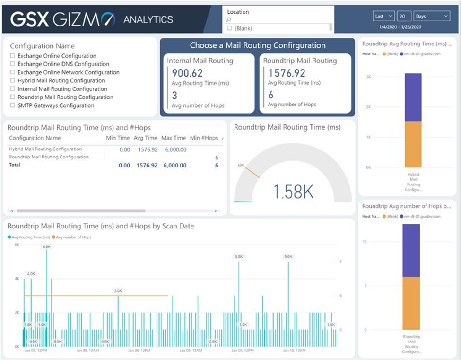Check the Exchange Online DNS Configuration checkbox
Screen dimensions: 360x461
(x=12, y=64)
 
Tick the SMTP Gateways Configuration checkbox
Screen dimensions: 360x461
(x=12, y=106)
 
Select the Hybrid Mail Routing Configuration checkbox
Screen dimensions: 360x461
(x=12, y=81)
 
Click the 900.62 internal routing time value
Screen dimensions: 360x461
(x=187, y=73)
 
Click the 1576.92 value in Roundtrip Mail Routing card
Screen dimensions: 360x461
(x=287, y=73)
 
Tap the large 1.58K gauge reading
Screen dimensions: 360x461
(x=293, y=192)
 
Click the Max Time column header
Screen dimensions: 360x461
(x=174, y=138)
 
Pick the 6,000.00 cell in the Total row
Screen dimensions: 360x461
(x=175, y=166)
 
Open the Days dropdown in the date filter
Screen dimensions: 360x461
(x=432, y=16)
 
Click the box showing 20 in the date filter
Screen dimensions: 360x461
(x=404, y=16)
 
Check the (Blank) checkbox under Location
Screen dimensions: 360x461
(x=230, y=28)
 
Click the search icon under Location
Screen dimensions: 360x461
(x=229, y=20)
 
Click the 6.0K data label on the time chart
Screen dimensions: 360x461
(x=46, y=247)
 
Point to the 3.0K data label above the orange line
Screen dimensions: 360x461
(x=118, y=290)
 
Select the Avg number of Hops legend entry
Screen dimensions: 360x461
(x=72, y=237)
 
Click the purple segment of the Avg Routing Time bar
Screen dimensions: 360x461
(x=413, y=97)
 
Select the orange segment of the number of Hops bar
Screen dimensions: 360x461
(x=411, y=303)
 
